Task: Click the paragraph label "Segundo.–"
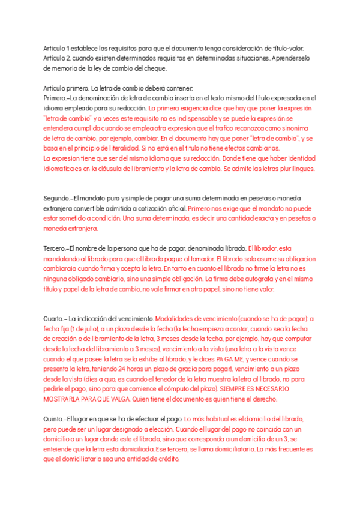(58, 198)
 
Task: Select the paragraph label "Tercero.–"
(56, 248)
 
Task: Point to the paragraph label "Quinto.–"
(55, 418)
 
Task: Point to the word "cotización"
(165, 208)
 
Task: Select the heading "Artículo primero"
(68, 88)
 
